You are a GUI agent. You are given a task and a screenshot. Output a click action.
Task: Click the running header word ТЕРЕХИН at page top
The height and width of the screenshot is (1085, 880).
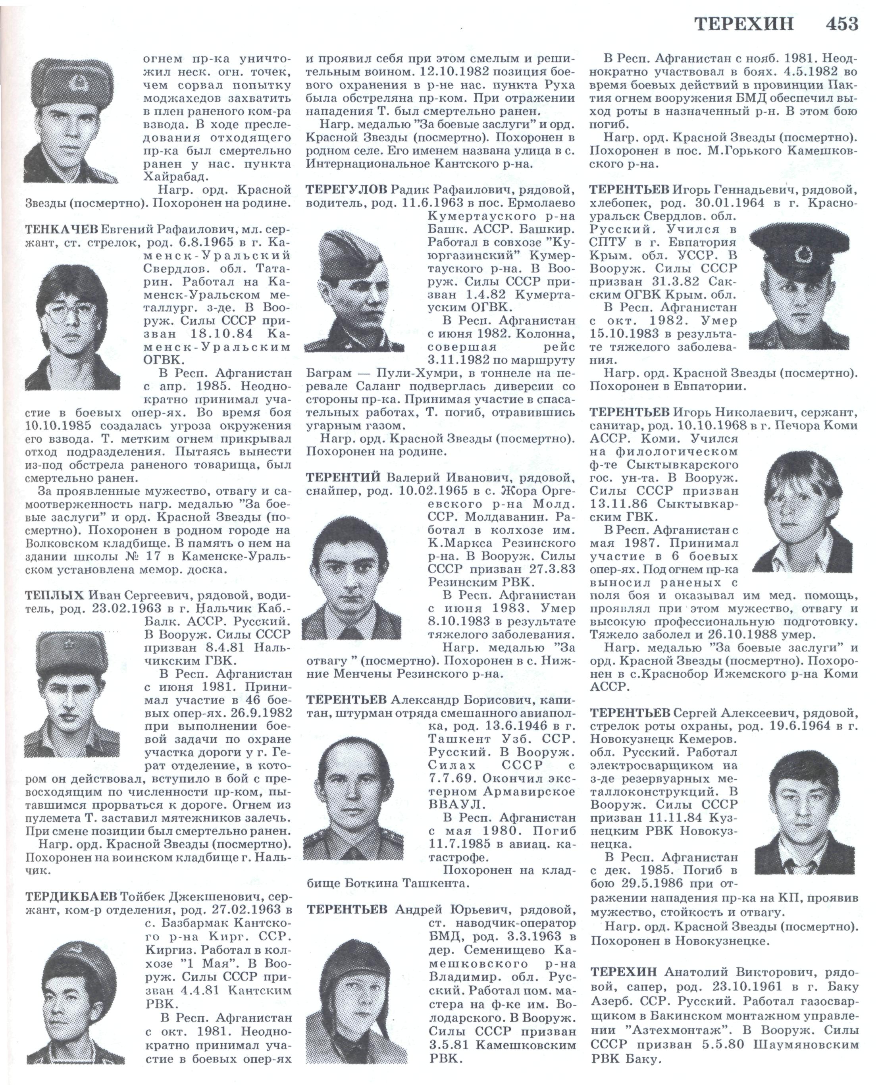point(743,24)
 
